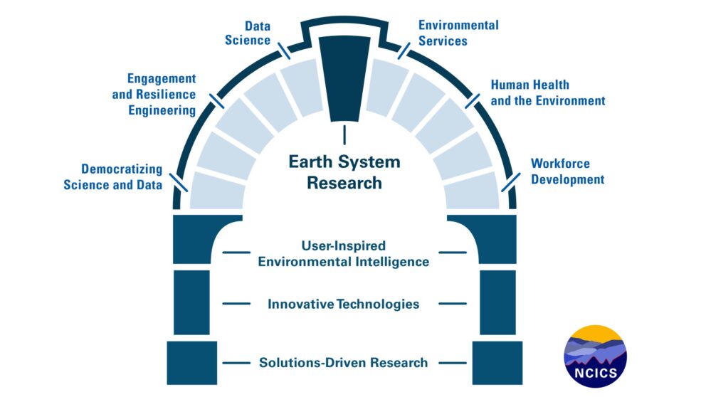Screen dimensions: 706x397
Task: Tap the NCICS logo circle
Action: pyautogui.click(x=595, y=356)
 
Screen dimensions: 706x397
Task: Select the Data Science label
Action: pyautogui.click(x=248, y=33)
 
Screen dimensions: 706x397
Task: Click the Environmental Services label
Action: pyautogui.click(x=458, y=33)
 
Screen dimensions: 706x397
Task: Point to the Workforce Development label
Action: pyautogui.click(x=567, y=171)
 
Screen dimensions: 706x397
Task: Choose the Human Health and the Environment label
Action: pyautogui.click(x=548, y=92)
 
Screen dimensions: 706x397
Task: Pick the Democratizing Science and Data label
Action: pyautogui.click(x=113, y=177)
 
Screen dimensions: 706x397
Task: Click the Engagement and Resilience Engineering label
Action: pyautogui.click(x=154, y=95)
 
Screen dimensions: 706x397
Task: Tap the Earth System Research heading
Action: pyautogui.click(x=344, y=172)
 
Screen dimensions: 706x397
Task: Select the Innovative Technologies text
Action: pyautogui.click(x=344, y=305)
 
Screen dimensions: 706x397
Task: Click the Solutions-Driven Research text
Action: pyautogui.click(x=344, y=363)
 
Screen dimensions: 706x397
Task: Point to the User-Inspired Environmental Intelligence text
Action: pyautogui.click(x=344, y=254)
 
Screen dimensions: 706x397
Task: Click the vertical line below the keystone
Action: pyautogui.click(x=344, y=135)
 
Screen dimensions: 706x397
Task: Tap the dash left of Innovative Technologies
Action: pyautogui.click(x=236, y=304)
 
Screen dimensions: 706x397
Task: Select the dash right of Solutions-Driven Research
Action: pyautogui.click(x=453, y=363)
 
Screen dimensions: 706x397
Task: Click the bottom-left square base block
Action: pyautogui.click(x=192, y=363)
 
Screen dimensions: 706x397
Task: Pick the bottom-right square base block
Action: pyautogui.click(x=497, y=363)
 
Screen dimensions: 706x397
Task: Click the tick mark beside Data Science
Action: pyautogui.click(x=284, y=51)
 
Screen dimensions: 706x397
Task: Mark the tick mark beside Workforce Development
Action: pyautogui.click(x=511, y=182)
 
